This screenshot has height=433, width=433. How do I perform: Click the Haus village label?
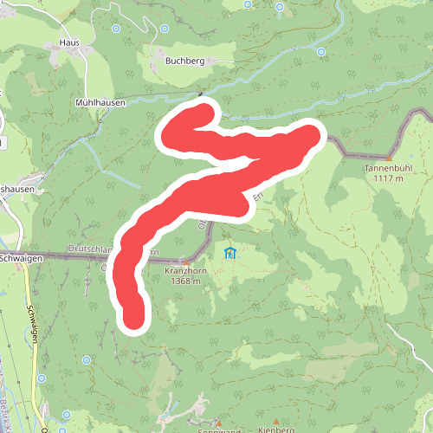pyautogui.click(x=69, y=42)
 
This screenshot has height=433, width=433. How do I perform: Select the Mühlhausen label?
pyautogui.click(x=100, y=102)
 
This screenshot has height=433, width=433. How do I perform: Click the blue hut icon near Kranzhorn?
pyautogui.click(x=229, y=253)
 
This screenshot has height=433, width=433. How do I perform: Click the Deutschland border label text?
pyautogui.click(x=95, y=249)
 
